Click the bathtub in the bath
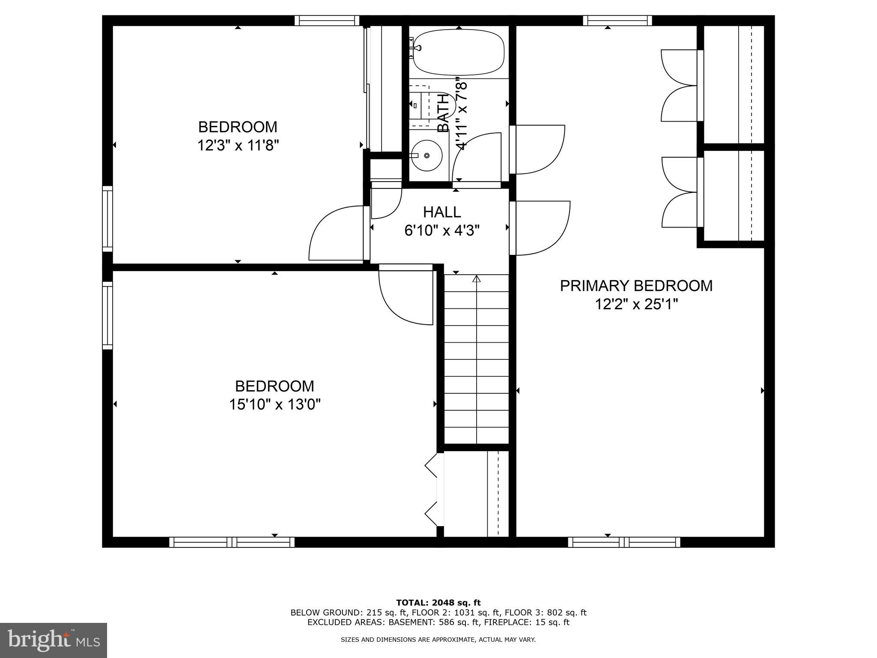(458, 53)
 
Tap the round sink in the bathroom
(426, 156)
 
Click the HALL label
(442, 212)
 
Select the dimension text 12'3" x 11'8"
(238, 146)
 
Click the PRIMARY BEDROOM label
(636, 286)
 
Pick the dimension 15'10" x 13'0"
(274, 404)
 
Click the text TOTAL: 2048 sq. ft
(438, 603)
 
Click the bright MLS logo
(53, 640)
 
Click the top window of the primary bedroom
(617, 21)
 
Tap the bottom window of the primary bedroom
(624, 542)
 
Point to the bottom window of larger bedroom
(232, 542)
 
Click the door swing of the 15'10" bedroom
(405, 298)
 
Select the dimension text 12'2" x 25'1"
(636, 305)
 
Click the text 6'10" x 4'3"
(442, 231)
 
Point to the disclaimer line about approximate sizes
(438, 640)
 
